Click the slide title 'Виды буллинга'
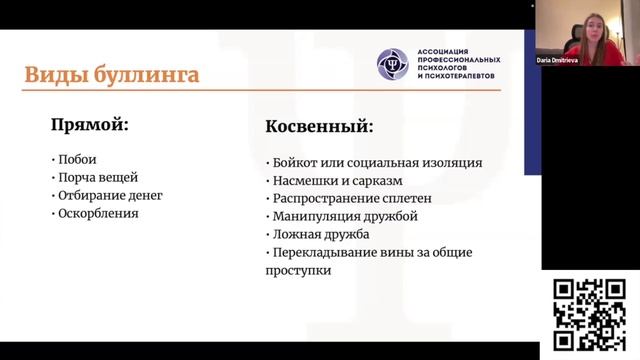[111, 75]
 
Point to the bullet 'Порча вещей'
[94, 177]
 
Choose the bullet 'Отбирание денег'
[108, 195]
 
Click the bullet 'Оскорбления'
[97, 213]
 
